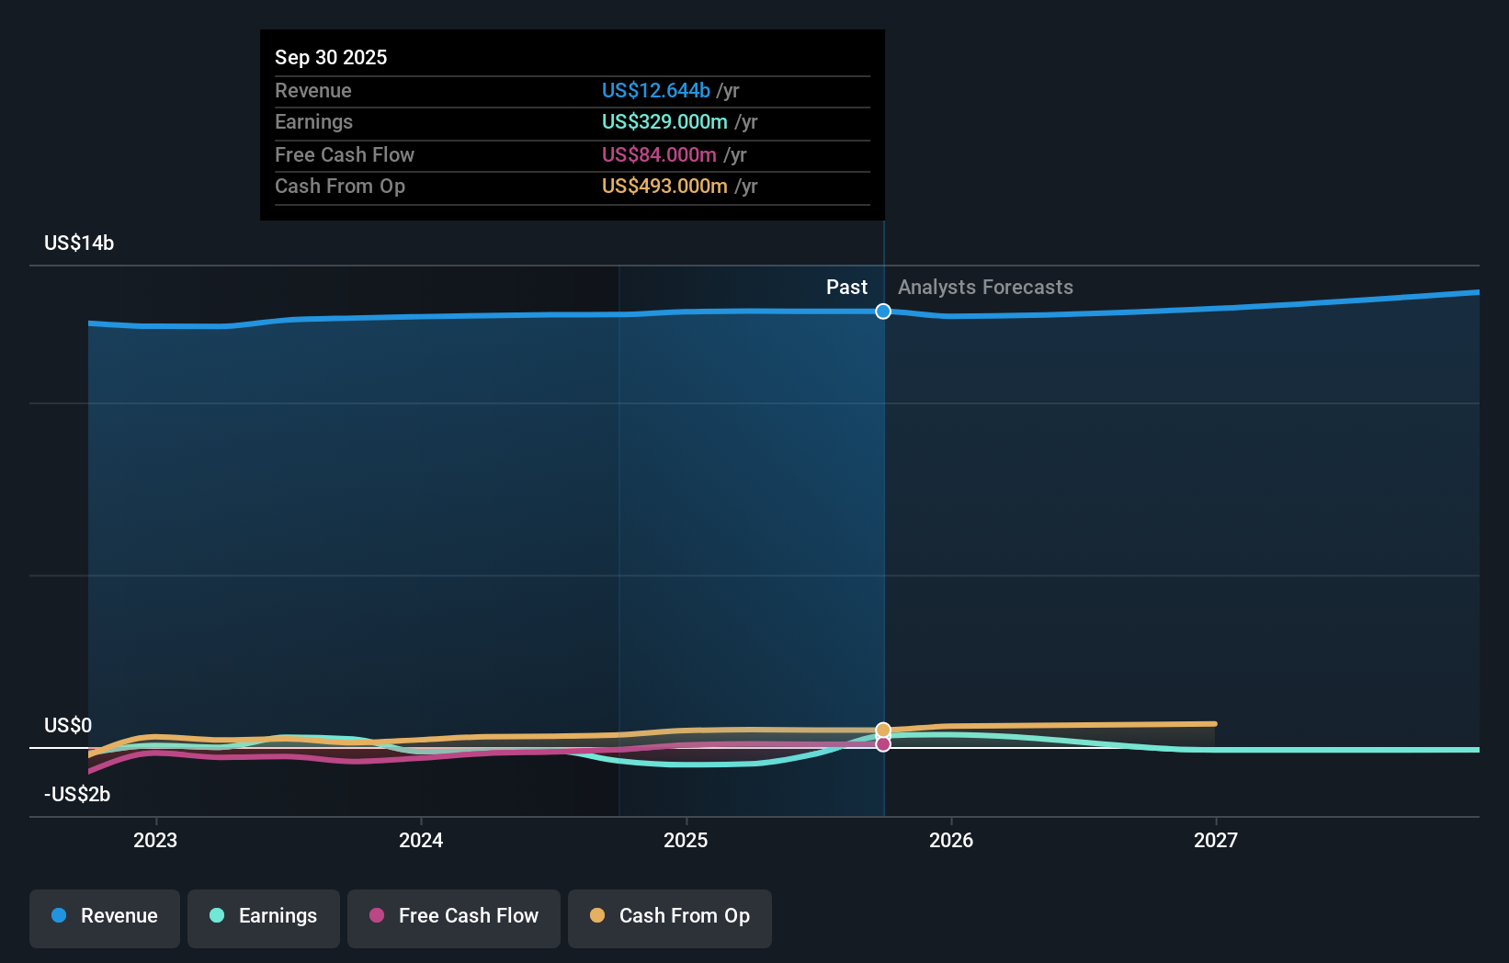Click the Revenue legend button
tap(105, 917)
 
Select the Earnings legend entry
tap(264, 917)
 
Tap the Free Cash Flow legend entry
tap(454, 917)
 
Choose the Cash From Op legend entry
tap(670, 917)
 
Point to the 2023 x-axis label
tap(155, 841)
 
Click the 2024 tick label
tap(421, 841)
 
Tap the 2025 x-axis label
tap(686, 841)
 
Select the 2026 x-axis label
tap(951, 841)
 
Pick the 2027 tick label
tap(1216, 841)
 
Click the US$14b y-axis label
tap(79, 244)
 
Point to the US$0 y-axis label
tap(68, 726)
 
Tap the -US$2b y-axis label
tap(77, 795)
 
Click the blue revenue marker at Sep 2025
tap(883, 312)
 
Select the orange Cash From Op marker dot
tap(883, 731)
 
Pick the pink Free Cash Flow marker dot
tap(883, 744)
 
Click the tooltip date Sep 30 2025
tap(331, 58)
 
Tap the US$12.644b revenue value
tap(656, 91)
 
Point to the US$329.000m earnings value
tap(664, 122)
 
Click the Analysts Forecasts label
tap(985, 288)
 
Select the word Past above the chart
tap(846, 288)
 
